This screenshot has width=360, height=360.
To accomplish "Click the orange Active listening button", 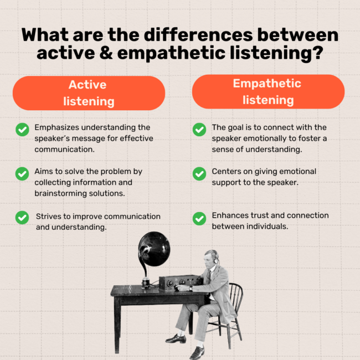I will pos(89,93).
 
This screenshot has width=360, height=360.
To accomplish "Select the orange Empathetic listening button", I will pos(268,91).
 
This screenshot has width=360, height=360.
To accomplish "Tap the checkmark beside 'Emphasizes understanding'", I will pos(22,130).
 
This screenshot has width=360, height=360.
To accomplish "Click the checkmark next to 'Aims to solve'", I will pos(22,173).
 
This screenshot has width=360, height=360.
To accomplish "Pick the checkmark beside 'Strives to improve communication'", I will pos(22,218).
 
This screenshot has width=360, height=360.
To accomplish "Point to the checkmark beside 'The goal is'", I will pos(199,130).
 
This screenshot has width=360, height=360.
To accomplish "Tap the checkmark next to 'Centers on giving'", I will pos(199,173).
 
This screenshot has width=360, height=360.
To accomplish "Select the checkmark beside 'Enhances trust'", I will pos(199,218).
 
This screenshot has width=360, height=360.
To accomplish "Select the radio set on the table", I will pos(176,282).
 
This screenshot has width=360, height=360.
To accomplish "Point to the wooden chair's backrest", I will pos(235,300).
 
